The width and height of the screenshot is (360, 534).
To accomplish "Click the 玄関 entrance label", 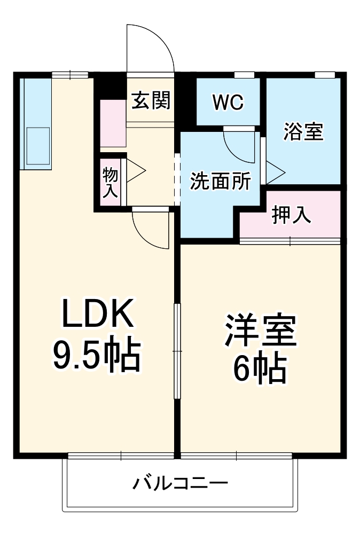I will tap(151, 100).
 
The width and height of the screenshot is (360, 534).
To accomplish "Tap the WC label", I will tap(228, 102).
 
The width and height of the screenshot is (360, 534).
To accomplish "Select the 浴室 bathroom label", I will tap(303, 131).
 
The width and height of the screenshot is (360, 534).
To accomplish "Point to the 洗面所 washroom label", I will tap(221, 182).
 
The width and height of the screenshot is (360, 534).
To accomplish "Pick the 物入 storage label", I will tap(110, 183).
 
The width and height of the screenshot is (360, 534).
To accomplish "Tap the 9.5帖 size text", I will tap(96, 355).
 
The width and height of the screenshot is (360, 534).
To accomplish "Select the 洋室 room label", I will tap(260, 331).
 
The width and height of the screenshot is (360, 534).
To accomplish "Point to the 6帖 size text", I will tap(260, 368).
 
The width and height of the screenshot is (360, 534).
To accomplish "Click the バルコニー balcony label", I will tap(180, 484).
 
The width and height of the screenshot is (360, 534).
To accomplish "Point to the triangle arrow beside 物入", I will tap(136, 171).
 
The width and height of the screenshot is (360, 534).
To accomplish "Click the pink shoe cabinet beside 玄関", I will tap(113, 123).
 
